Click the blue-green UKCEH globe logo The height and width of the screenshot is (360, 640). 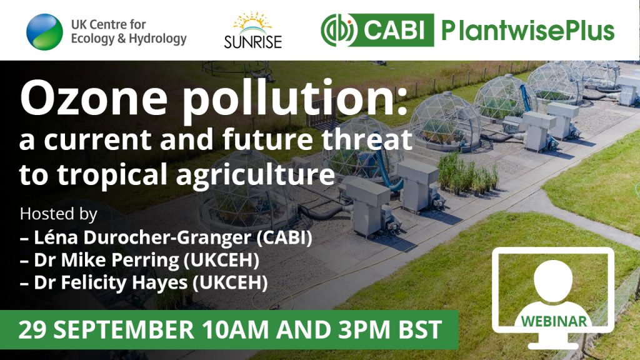pos(44,32)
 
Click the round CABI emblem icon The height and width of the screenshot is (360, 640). pos(339,30)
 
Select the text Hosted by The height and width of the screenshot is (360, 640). pos(59,214)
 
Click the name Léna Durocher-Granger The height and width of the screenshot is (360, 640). pos(142,237)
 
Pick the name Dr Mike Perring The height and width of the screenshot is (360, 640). pos(106,261)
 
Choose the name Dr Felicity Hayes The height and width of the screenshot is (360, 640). pos(111,283)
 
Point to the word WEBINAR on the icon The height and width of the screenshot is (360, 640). pos(554,321)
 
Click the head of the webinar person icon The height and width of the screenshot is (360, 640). pos(553,281)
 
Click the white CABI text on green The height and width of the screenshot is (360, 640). pos(394,31)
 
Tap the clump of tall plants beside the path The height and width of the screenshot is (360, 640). pos(467,174)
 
